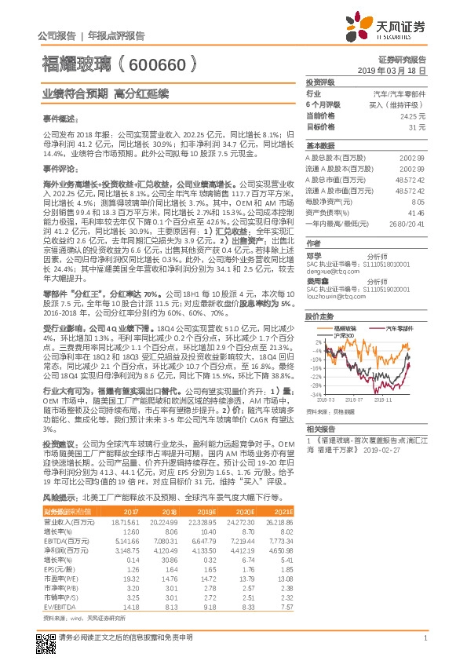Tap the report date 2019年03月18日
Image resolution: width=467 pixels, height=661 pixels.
click(398, 70)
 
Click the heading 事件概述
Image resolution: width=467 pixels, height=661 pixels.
click(59, 118)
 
